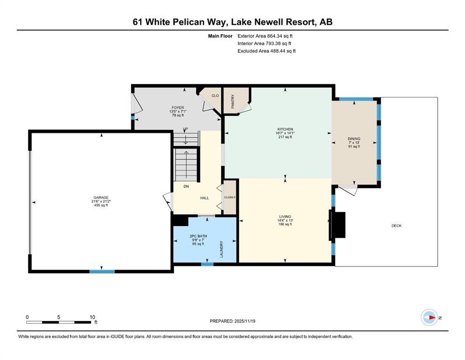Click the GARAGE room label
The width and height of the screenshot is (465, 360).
pyautogui.click(x=101, y=197)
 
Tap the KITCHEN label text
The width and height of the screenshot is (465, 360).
pyautogui.click(x=285, y=129)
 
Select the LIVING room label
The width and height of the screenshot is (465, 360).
pyautogui.click(x=285, y=217)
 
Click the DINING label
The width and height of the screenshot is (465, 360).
pyautogui.click(x=354, y=139)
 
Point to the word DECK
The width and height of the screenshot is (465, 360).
pyautogui.click(x=396, y=226)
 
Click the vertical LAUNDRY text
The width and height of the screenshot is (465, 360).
pyautogui.click(x=221, y=249)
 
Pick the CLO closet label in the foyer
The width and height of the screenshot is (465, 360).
pyautogui.click(x=215, y=96)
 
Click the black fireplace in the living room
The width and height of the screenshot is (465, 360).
pyautogui.click(x=338, y=225)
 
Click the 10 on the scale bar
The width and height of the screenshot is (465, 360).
pyautogui.click(x=92, y=317)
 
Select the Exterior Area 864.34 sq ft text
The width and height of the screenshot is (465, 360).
pyautogui.click(x=265, y=36)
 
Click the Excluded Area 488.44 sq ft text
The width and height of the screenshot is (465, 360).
pyautogui.click(x=266, y=51)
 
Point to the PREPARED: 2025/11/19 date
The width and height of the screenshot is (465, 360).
pyautogui.click(x=232, y=321)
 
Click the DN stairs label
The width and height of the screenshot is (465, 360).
pyautogui.click(x=186, y=187)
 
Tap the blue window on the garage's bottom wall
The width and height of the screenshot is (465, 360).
pyautogui.click(x=102, y=271)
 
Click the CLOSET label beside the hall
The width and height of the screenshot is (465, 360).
pyautogui.click(x=229, y=197)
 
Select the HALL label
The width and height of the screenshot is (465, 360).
pyautogui.click(x=205, y=198)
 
